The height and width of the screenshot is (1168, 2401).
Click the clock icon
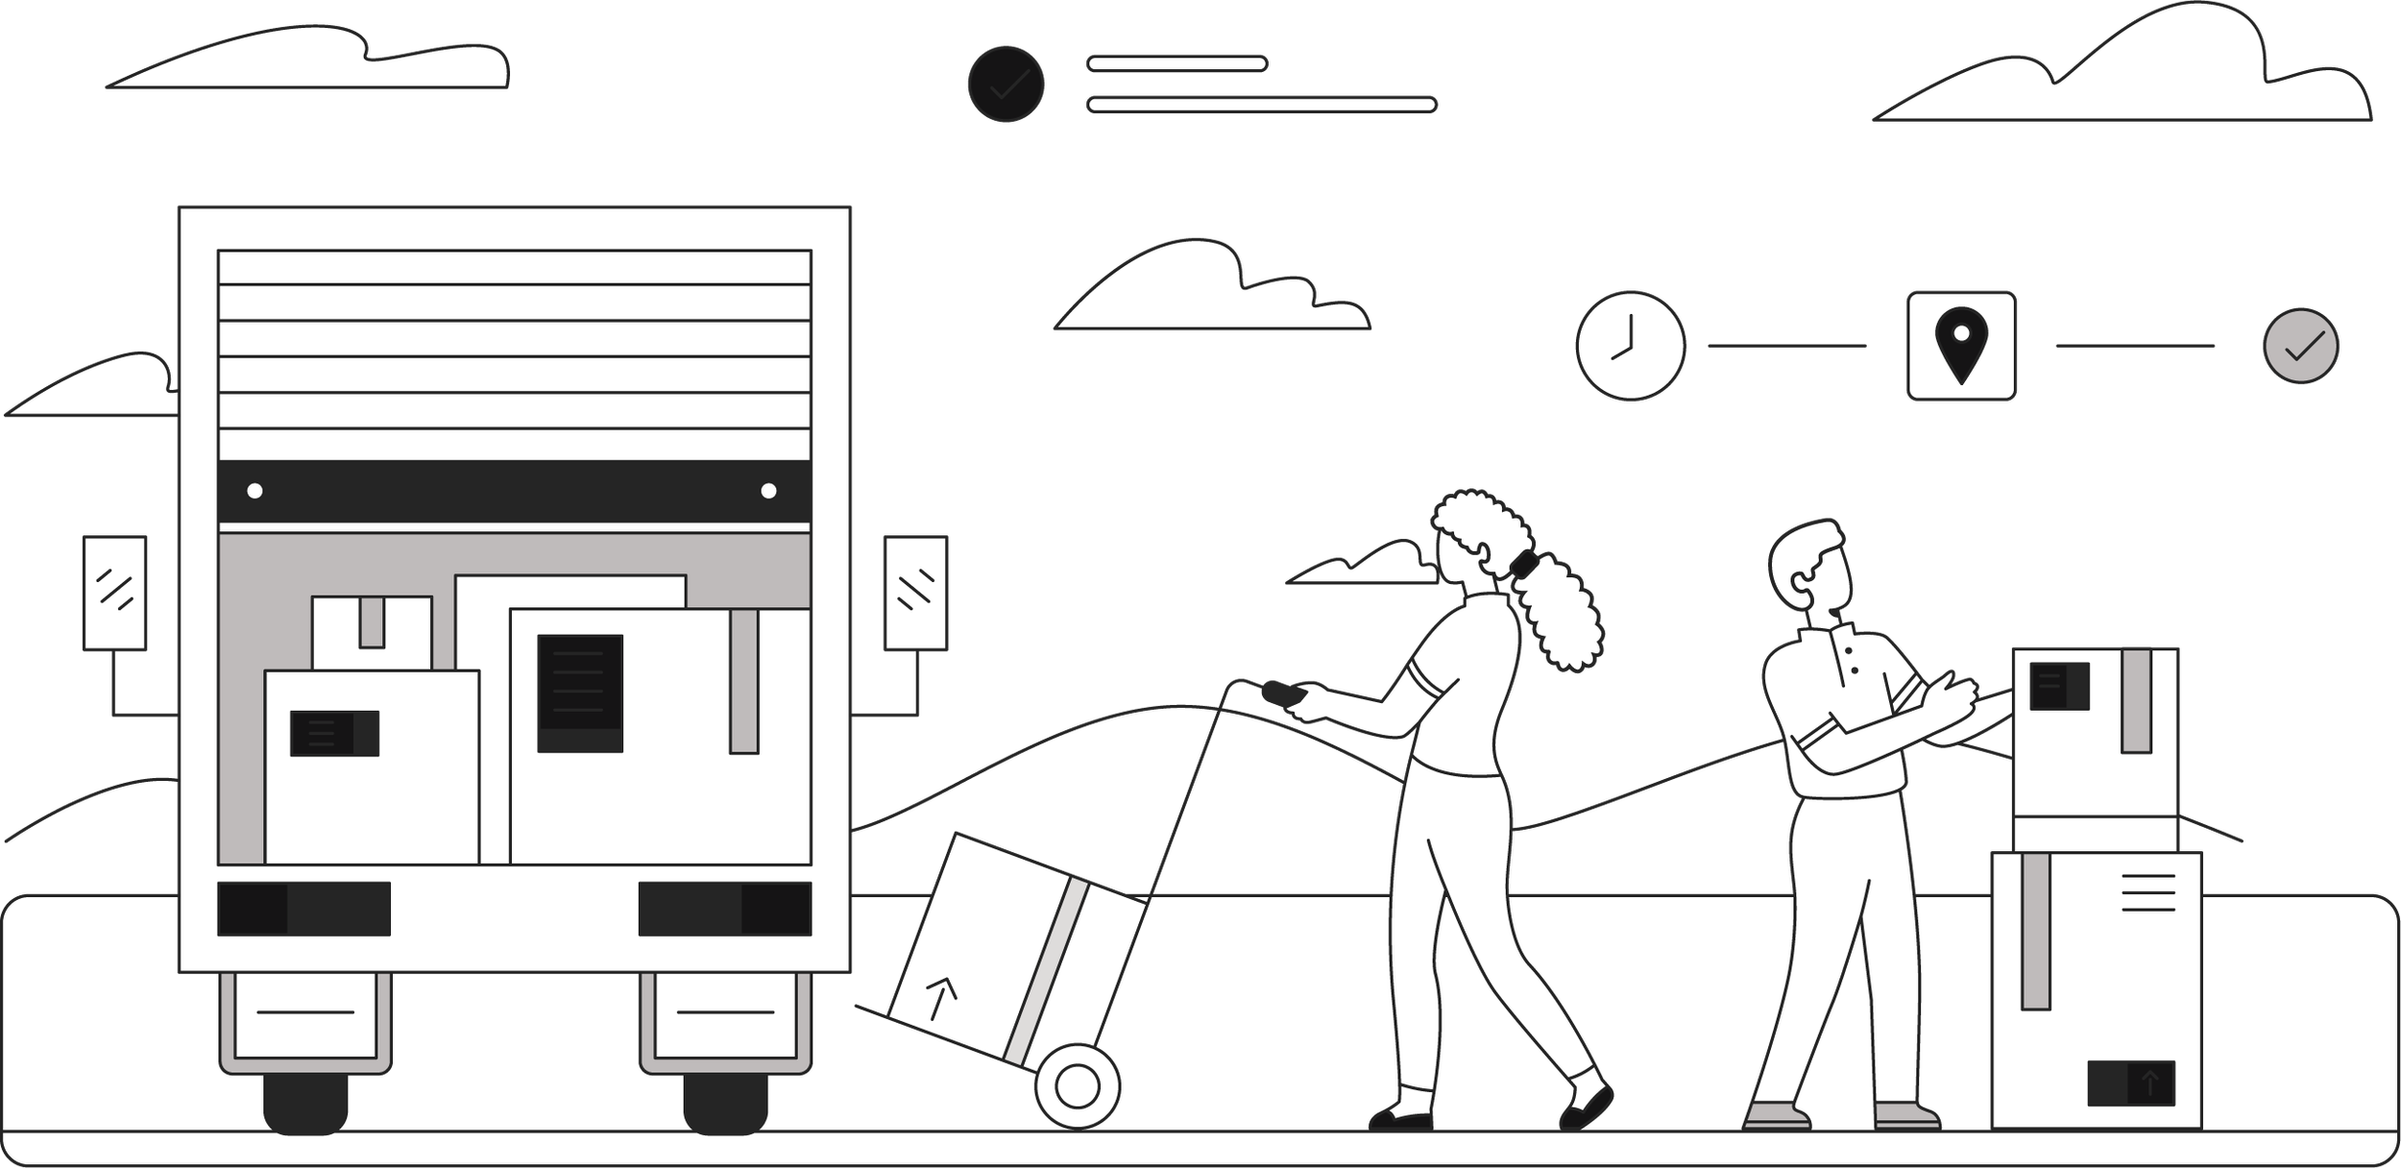point(1630,346)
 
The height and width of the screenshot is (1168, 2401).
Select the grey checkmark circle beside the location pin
point(2300,346)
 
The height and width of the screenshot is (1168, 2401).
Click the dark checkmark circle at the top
point(1006,85)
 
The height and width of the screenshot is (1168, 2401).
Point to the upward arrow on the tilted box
point(940,999)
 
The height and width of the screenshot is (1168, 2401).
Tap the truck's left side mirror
point(114,593)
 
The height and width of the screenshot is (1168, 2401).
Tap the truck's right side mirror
point(914,593)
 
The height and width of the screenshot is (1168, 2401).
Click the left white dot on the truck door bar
point(255,491)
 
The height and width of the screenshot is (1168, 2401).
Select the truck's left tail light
point(303,909)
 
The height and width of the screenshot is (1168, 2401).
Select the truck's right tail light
point(724,909)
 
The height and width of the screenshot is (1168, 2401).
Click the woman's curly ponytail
point(1556,615)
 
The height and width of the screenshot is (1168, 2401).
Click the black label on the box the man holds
point(2059,686)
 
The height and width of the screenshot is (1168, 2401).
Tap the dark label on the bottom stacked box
point(2131,1083)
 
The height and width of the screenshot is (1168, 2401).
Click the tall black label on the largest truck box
point(580,693)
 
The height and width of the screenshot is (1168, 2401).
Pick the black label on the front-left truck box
point(334,734)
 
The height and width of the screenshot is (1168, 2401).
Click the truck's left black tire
point(304,1105)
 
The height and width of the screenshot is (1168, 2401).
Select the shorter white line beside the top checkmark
point(1176,64)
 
